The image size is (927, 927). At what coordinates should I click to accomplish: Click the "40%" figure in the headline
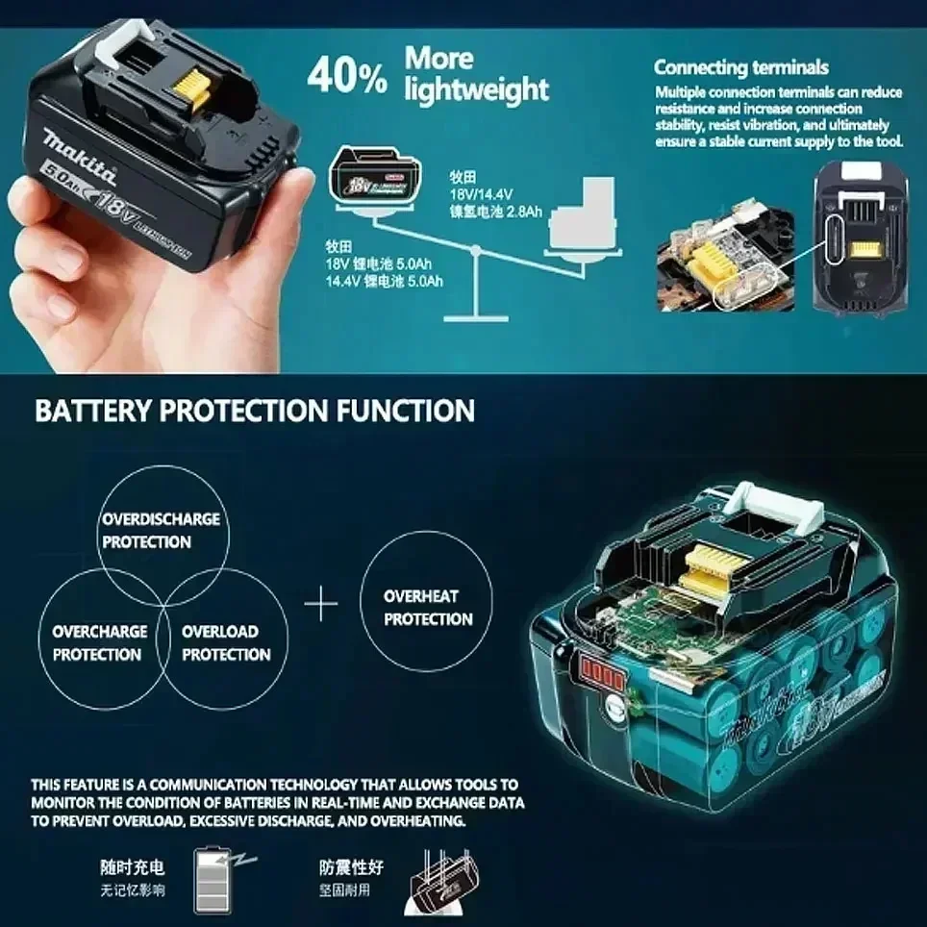(x=347, y=77)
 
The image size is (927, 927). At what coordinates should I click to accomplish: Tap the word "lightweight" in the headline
(x=476, y=90)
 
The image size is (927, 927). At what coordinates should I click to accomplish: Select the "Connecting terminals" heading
(x=740, y=67)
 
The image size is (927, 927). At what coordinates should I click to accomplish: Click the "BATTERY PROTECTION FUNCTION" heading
(x=255, y=412)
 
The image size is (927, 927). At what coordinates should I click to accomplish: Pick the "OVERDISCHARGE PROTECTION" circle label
(x=161, y=530)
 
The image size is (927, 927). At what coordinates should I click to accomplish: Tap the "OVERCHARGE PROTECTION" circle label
(x=99, y=643)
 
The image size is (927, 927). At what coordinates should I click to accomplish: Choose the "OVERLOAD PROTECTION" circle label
(x=226, y=643)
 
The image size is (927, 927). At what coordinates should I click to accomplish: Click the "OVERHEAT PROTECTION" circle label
(x=428, y=608)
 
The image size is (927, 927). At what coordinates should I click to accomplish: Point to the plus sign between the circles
(x=321, y=605)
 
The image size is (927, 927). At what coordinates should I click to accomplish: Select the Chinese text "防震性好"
(x=352, y=867)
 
